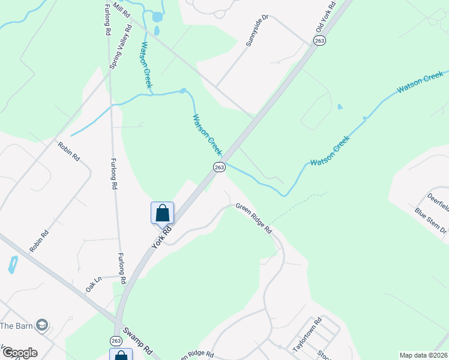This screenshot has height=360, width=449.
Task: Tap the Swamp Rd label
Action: [x=139, y=340]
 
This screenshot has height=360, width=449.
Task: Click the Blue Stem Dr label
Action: [x=431, y=221]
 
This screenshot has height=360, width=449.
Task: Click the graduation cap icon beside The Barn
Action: [x=41, y=325]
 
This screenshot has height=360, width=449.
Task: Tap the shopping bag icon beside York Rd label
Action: [x=162, y=213]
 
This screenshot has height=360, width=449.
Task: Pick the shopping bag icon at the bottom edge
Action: [x=121, y=355]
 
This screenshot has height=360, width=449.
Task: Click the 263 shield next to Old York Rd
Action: [x=319, y=40]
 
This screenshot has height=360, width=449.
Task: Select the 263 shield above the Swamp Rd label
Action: [x=116, y=340]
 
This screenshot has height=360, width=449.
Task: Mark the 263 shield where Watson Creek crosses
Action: [x=219, y=167]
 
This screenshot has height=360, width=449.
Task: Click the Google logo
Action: [x=20, y=353]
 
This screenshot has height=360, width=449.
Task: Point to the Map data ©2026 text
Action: [x=424, y=355]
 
